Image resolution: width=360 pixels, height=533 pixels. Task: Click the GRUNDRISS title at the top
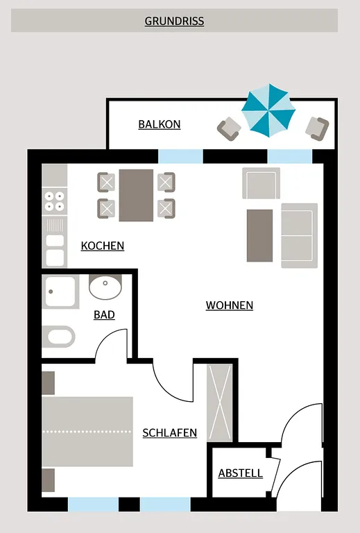coord(174,21)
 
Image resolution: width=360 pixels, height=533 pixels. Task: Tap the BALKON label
coord(160,124)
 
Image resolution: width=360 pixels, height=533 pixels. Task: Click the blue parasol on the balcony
coord(268,111)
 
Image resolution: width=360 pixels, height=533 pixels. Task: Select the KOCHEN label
coord(103,246)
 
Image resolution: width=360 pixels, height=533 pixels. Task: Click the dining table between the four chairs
coord(136,196)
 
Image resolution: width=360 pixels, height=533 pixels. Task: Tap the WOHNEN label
coord(229,305)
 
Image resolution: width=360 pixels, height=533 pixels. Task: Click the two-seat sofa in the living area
coord(299,235)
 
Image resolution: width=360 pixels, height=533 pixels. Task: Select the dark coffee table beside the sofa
coord(259,235)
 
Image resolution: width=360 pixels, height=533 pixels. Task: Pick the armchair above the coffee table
coord(262,183)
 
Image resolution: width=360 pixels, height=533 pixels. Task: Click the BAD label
coord(104,315)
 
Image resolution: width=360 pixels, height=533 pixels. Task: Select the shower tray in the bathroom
coord(60,291)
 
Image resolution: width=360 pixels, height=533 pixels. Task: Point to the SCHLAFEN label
coord(170,433)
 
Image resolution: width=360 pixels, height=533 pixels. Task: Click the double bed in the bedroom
coord(87,432)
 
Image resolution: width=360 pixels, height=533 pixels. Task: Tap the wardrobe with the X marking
coord(220,403)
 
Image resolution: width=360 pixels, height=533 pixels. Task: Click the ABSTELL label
coord(241,473)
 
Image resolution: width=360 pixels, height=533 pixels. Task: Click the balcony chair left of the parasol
coord(229,128)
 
